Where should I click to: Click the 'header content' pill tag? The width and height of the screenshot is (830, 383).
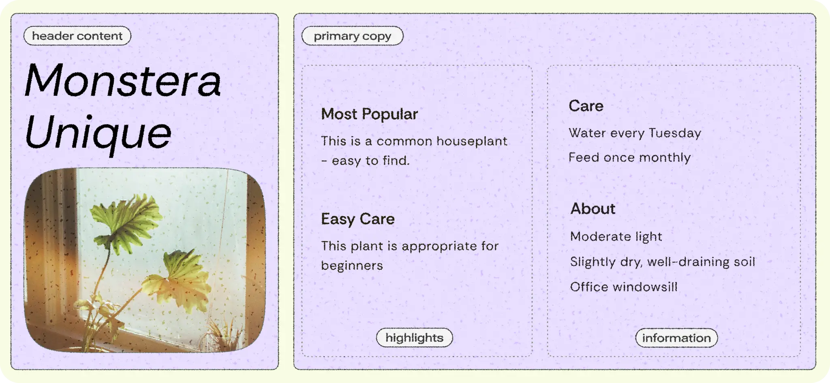tap(77, 36)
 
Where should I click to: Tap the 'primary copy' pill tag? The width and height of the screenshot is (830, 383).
tap(353, 36)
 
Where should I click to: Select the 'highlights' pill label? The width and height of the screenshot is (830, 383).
tap(414, 338)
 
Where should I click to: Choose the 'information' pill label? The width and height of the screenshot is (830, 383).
tap(676, 338)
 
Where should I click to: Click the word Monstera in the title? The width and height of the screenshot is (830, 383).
tap(123, 80)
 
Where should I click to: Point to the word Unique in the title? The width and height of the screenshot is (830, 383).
tap(98, 133)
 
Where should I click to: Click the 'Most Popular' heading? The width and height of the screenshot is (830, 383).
tap(369, 114)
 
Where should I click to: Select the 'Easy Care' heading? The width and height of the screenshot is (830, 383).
tap(358, 219)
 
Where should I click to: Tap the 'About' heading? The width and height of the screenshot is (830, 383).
tap(593, 209)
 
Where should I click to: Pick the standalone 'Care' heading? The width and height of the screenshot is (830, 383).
tap(586, 106)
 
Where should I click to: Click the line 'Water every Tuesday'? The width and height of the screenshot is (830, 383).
tap(635, 133)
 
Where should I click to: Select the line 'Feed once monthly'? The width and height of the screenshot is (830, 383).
tap(629, 157)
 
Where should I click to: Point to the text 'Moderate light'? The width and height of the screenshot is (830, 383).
tap(616, 237)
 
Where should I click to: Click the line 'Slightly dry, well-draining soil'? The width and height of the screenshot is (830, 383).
tap(663, 262)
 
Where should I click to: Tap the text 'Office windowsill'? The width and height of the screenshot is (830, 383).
tap(624, 287)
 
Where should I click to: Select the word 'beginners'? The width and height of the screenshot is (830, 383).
tap(352, 265)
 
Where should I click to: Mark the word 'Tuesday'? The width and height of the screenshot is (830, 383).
tap(675, 133)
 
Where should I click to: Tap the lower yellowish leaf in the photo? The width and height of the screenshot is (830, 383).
tap(178, 280)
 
